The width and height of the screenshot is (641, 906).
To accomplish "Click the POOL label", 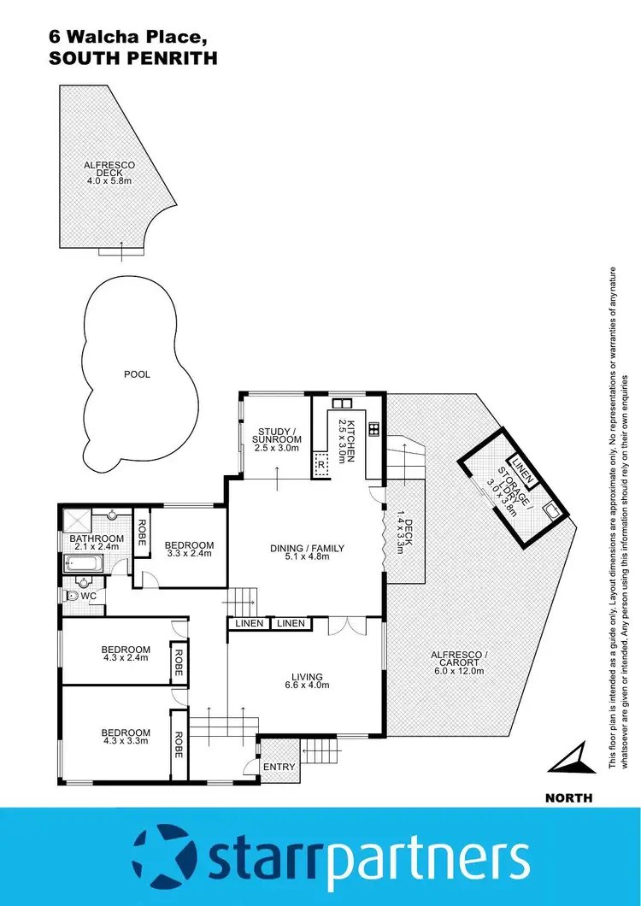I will coord(137,374).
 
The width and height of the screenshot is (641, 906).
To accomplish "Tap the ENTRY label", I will coord(279,767).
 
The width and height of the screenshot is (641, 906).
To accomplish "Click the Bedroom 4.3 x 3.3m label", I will coord(126,737).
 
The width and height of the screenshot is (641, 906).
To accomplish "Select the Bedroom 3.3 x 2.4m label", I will coord(189,550).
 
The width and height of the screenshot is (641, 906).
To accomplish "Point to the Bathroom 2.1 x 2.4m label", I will coord(97,543).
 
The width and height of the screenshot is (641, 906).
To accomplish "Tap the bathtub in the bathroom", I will coord(83,563).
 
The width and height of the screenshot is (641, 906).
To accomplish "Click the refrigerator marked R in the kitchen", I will coord(320,466).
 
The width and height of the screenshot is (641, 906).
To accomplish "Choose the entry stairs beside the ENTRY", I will coord(324,753).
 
